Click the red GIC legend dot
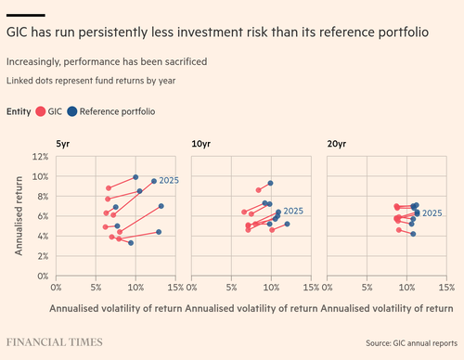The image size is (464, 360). click(x=41, y=111)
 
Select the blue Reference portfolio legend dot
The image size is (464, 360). click(x=72, y=111)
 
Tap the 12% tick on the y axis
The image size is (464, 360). click(x=40, y=157)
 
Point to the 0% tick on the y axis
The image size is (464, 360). click(x=43, y=276)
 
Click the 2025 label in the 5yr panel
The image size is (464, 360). click(x=169, y=180)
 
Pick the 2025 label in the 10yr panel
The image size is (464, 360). click(x=293, y=211)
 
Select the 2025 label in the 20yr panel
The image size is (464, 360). click(x=432, y=213)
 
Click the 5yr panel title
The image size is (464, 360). click(x=63, y=144)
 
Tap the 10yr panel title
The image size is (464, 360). click(x=201, y=144)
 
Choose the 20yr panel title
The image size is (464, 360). click(x=337, y=144)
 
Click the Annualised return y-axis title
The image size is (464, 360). click(x=19, y=216)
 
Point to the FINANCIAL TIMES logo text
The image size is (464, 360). click(x=55, y=342)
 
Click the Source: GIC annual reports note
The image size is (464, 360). click(x=411, y=343)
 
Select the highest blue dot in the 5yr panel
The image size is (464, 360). click(x=135, y=177)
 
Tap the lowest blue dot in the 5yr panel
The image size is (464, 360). click(x=131, y=243)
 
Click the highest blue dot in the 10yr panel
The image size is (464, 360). click(x=270, y=183)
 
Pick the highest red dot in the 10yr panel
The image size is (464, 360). click(x=259, y=190)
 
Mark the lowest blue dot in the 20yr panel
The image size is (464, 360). click(x=413, y=234)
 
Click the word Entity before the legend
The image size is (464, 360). click(x=19, y=111)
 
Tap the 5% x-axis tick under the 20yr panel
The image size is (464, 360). click(x=367, y=288)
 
